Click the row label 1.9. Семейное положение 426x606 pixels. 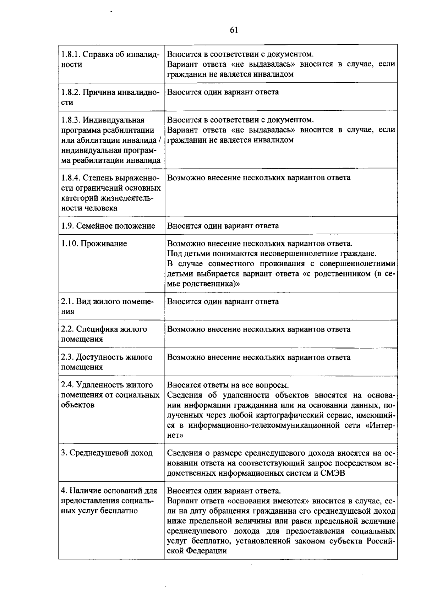click(108, 226)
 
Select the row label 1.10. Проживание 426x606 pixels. click(94, 244)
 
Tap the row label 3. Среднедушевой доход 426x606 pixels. click(106, 453)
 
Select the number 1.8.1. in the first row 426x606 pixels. click(70, 55)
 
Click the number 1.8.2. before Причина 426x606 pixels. click(71, 92)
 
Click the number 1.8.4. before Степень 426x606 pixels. click(71, 178)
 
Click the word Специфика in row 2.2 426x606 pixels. click(93, 329)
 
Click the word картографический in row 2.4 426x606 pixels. click(297, 415)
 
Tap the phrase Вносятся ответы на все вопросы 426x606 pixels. click(228, 385)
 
